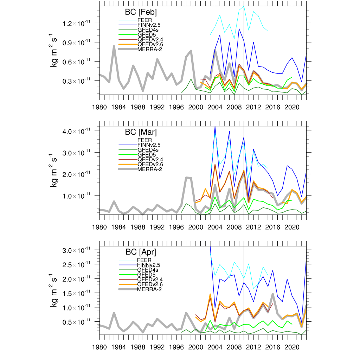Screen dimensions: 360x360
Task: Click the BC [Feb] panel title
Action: click(x=141, y=12)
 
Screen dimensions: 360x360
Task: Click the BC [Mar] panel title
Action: click(x=141, y=133)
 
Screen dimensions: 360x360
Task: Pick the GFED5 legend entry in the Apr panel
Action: click(x=146, y=275)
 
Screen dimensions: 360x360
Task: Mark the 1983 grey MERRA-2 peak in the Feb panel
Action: click(x=114, y=46)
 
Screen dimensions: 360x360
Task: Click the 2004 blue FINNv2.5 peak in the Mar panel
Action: click(x=215, y=127)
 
